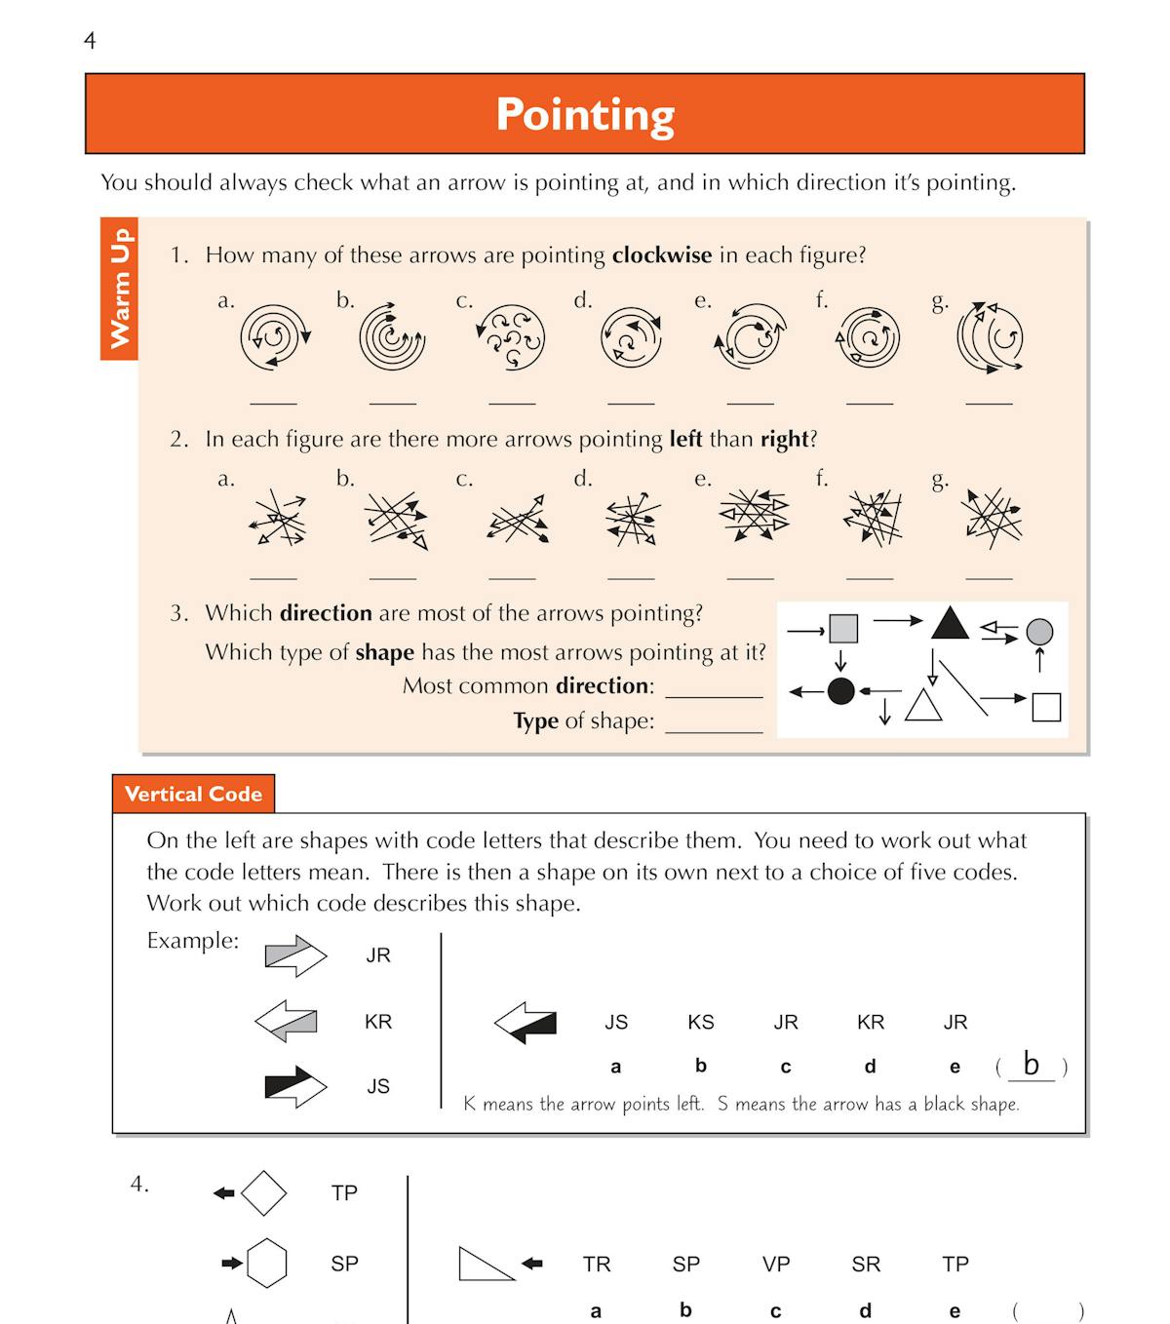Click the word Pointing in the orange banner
[585, 114]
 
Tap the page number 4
[90, 41]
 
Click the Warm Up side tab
[119, 289]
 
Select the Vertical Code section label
[193, 794]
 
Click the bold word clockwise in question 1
[661, 255]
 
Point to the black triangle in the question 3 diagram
[949, 623]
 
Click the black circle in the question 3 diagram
[840, 691]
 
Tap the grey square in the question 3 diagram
[843, 629]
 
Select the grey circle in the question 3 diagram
[1039, 632]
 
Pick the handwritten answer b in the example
[1031, 1064]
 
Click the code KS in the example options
[700, 1022]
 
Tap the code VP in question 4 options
[775, 1265]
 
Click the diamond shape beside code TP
[263, 1192]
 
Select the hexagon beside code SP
[266, 1264]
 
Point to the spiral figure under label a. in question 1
[274, 337]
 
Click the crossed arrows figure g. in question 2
[990, 516]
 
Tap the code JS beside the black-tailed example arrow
[378, 1086]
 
